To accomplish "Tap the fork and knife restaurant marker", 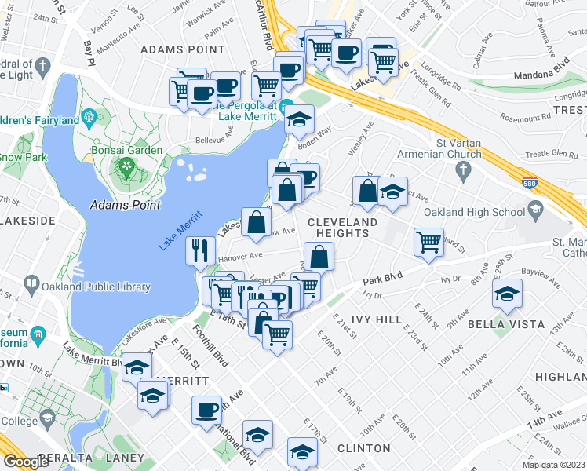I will (201, 251).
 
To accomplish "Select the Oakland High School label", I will (474, 212).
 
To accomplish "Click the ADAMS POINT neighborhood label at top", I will (172, 49).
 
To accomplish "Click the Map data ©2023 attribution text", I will (554, 465).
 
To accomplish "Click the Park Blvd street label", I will (381, 278).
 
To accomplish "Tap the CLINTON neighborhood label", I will (363, 448).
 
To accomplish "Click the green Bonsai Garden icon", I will (124, 166).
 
